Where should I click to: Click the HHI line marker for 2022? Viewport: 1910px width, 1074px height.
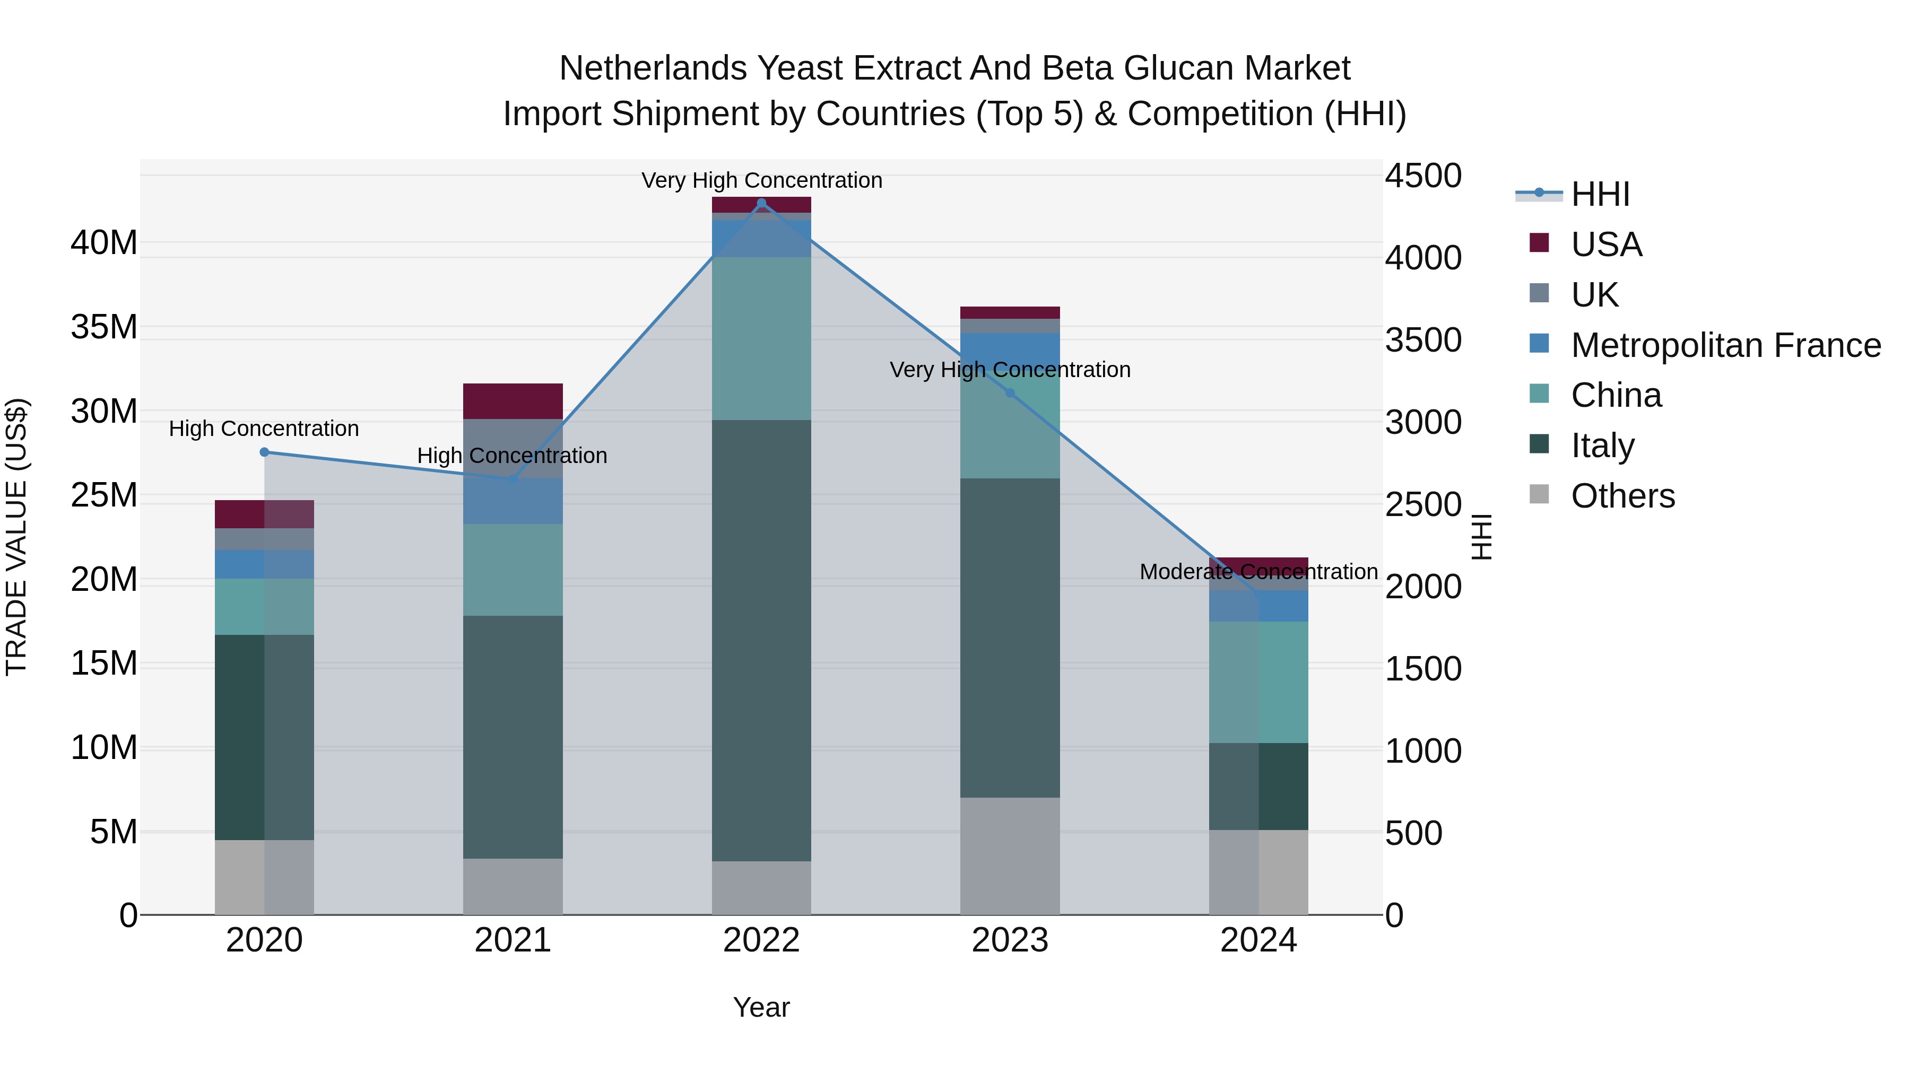(761, 203)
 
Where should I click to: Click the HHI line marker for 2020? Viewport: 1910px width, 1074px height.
(264, 452)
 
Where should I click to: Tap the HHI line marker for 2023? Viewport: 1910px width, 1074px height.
(1010, 393)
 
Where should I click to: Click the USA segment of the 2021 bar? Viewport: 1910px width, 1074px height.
(513, 401)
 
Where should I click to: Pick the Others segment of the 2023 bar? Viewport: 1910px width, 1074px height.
(1010, 856)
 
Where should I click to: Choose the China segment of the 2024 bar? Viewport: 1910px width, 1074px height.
(1258, 682)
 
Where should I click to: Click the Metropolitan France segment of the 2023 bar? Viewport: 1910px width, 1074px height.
(1010, 348)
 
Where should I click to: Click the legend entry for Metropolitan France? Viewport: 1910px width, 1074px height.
(1725, 345)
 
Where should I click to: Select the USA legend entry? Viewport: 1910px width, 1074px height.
(1606, 245)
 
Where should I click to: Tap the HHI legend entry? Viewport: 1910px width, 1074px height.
(1600, 194)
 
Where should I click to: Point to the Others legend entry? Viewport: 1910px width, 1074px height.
(1622, 496)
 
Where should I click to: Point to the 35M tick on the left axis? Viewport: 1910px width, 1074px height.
(104, 327)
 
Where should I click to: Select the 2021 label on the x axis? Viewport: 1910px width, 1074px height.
(513, 940)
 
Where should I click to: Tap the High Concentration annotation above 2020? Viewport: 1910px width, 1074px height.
(264, 429)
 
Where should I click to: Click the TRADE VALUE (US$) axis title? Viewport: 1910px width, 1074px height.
(16, 537)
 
